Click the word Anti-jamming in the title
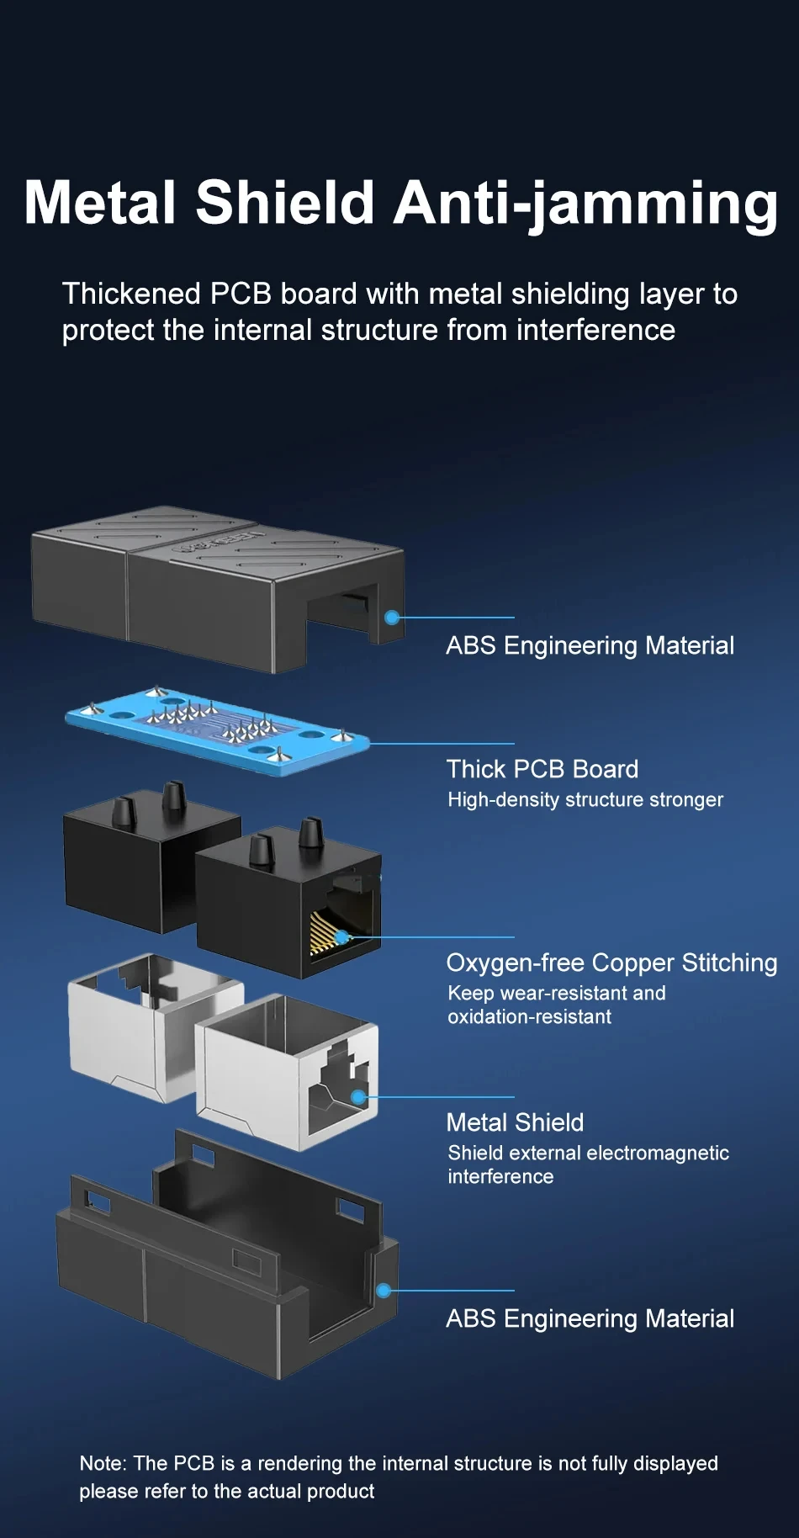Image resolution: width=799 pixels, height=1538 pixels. click(x=585, y=204)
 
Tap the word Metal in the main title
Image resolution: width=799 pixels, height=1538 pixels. click(x=100, y=204)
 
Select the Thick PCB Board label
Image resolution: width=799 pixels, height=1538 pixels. click(x=542, y=769)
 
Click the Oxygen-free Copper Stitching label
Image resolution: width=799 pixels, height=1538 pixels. click(x=611, y=963)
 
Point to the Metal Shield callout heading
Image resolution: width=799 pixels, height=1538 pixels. click(x=515, y=1122)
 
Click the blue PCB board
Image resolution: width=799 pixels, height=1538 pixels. click(x=217, y=729)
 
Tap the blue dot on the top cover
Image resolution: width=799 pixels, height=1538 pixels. click(x=391, y=618)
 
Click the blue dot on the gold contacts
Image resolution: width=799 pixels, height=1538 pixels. click(x=341, y=937)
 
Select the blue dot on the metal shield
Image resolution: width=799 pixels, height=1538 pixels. click(x=358, y=1097)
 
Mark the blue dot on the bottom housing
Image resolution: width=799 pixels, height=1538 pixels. click(x=384, y=1291)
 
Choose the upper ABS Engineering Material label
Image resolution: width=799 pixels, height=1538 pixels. click(x=590, y=645)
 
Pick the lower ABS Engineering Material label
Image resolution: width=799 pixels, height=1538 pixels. click(x=590, y=1318)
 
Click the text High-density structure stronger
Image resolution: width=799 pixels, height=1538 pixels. click(x=585, y=799)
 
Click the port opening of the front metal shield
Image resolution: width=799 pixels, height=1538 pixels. click(x=332, y=1094)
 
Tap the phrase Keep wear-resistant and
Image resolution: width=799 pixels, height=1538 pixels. click(x=556, y=993)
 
